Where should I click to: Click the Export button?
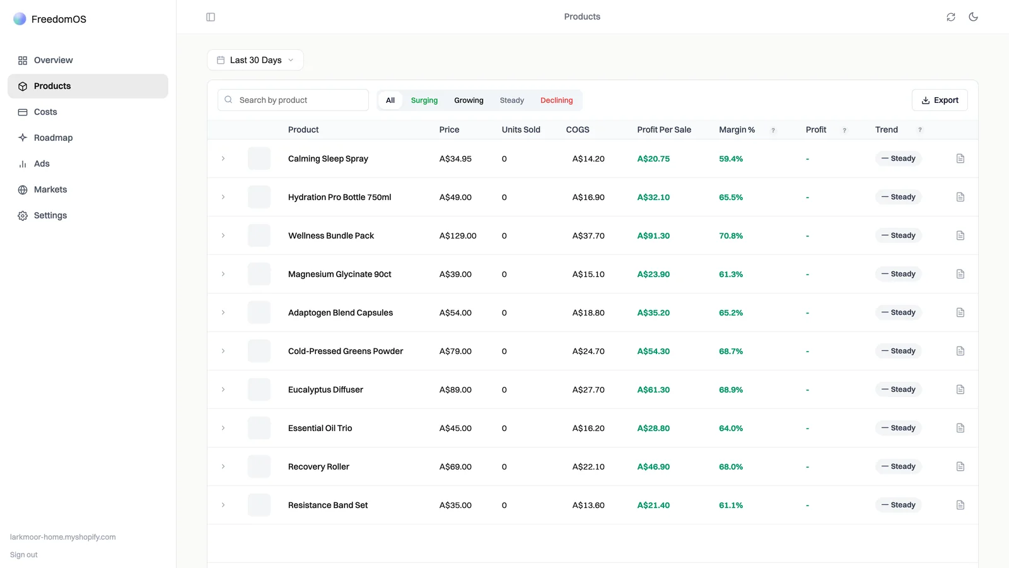coord(940,100)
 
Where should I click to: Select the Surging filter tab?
coord(424,100)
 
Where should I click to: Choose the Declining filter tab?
coord(557,100)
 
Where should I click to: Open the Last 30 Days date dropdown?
coord(255,60)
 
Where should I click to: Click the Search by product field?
coord(293,100)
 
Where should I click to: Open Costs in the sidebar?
coord(45,112)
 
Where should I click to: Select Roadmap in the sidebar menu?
coord(53,138)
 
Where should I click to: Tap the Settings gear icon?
coord(23,216)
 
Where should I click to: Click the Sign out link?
coord(24,555)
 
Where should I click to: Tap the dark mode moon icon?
coord(974,16)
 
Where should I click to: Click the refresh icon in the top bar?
coord(951,16)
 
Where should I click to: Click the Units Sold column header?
coord(521,130)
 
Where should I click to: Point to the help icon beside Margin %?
coord(773,130)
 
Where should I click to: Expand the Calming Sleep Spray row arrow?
coord(223,158)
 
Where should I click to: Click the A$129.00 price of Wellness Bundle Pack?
coord(458,236)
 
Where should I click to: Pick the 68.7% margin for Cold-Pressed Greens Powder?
coord(731,351)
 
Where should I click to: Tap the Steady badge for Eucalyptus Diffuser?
coord(898,389)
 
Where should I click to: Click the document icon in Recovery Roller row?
coord(960,466)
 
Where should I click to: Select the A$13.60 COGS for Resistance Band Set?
coord(588,506)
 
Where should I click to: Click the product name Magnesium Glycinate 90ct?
coord(340,274)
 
